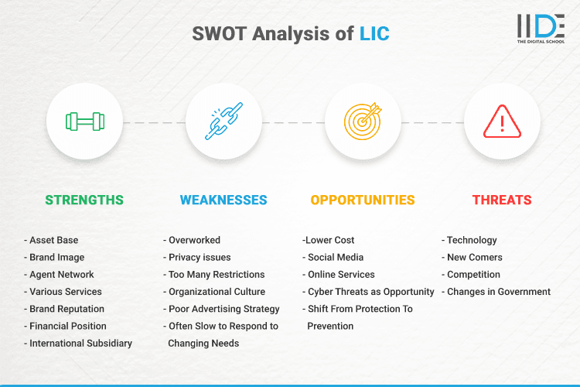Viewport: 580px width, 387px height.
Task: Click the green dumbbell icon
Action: pos(84,122)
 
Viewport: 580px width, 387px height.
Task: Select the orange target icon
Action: pos(363,122)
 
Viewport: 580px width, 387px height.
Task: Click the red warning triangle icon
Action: pos(502,122)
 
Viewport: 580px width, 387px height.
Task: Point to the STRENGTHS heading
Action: pos(84,200)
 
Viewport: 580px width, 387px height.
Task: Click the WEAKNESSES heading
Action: pos(223,200)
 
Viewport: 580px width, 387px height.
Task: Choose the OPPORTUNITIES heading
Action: pos(363,200)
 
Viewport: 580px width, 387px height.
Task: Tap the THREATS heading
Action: pos(502,200)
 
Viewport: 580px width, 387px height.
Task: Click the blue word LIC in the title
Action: pos(375,33)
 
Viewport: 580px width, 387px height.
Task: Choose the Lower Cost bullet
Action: pos(329,240)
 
